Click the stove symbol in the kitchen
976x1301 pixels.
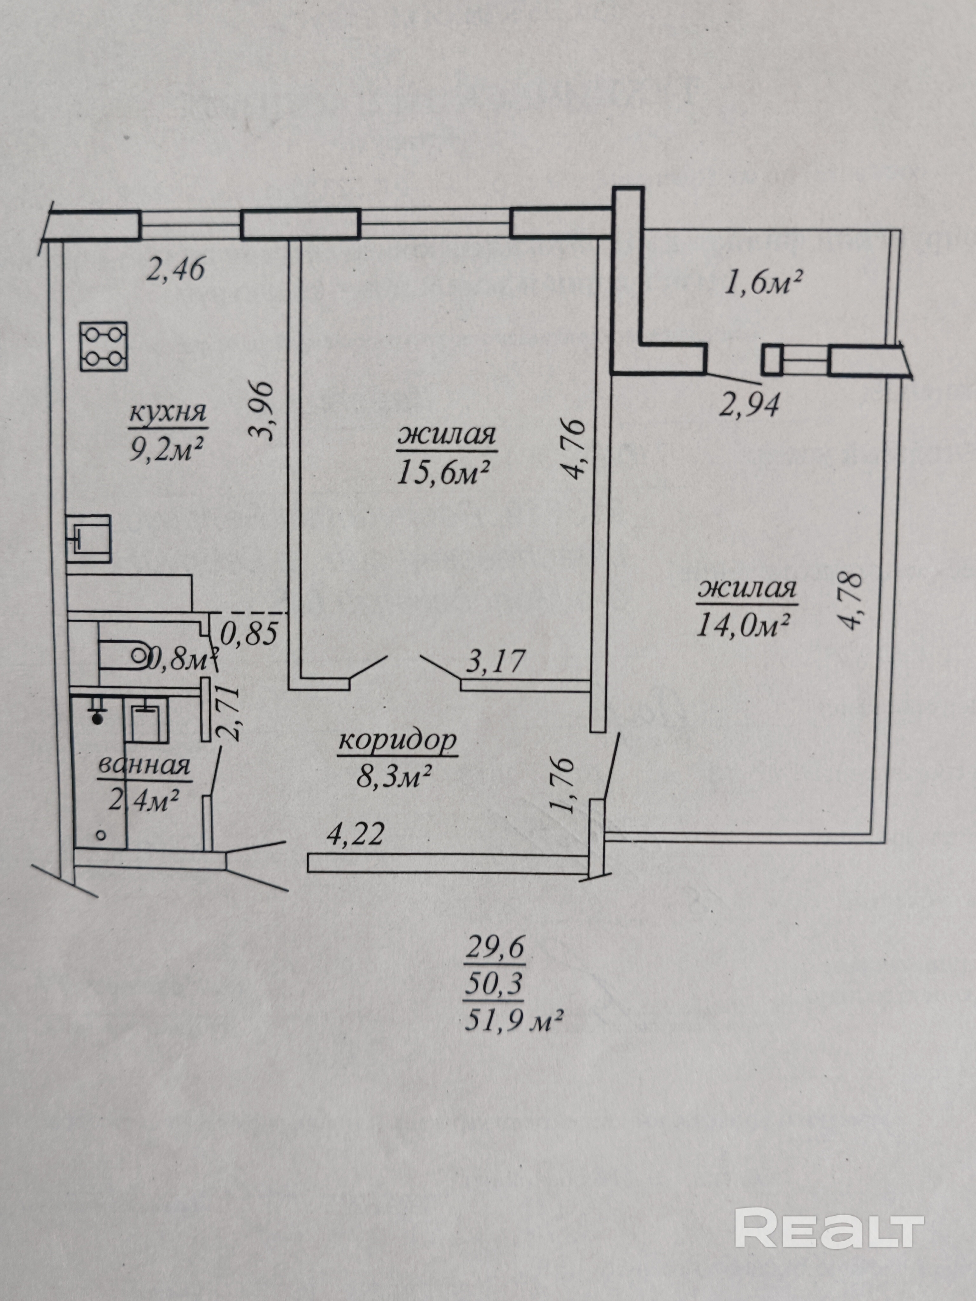pos(104,347)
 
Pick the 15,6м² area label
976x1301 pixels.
pos(445,472)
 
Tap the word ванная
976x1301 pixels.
pos(144,766)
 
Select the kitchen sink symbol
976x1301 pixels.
pos(89,537)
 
